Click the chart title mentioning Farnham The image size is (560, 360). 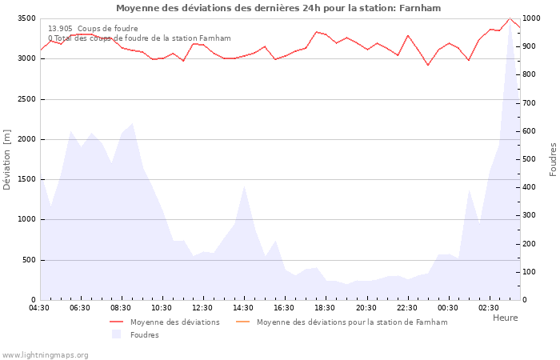point(278,8)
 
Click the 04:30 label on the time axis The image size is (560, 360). point(40,308)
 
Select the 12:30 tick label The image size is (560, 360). point(202,308)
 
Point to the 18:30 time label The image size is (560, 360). point(325,308)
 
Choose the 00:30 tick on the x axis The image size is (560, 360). point(447,308)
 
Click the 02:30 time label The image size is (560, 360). point(488,308)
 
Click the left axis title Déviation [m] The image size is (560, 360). point(7,159)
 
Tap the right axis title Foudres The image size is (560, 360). point(553,159)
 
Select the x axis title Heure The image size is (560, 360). point(505,318)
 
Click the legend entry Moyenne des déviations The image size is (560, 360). point(174,322)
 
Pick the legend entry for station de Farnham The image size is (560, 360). point(352,322)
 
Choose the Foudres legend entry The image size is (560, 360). point(144,335)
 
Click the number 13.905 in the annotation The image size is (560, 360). point(60,29)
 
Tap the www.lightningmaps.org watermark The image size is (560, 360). point(45,355)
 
